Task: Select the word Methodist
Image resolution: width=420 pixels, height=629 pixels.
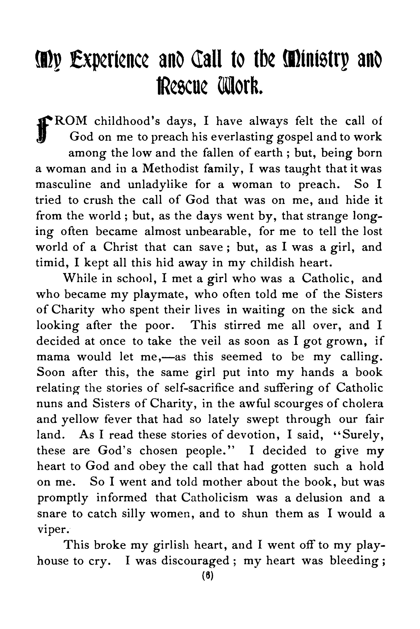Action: (170, 169)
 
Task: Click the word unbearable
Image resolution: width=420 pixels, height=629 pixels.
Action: (217, 231)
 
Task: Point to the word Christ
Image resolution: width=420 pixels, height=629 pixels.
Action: (121, 247)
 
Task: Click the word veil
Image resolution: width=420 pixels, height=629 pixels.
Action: (211, 341)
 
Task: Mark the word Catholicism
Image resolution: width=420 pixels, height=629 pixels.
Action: (215, 498)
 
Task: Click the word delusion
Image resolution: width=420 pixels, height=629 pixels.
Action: (319, 498)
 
